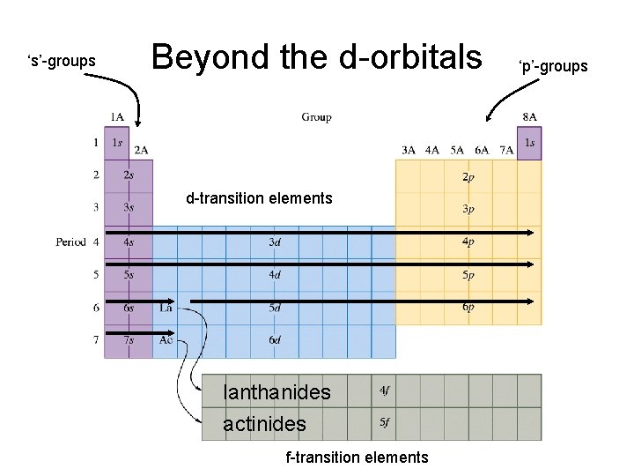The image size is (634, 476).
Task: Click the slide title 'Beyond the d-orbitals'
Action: coord(317,57)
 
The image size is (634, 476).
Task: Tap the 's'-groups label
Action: coord(62,61)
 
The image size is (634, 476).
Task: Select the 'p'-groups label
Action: coord(553,66)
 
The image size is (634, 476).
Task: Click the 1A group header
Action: coord(116,117)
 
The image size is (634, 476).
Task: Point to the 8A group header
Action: coord(529,117)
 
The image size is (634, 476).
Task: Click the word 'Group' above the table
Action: coord(316,117)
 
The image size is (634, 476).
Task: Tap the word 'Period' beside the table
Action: coord(70,242)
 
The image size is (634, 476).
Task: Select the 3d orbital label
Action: coord(275,242)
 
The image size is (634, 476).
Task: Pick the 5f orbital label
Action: coord(384,421)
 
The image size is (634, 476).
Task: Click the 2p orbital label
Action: coord(468,176)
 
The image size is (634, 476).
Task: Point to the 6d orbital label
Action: coord(275,340)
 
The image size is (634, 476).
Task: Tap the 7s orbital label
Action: coord(129,340)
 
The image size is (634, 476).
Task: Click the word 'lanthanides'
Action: coord(276,391)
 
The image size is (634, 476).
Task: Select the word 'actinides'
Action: coord(264,424)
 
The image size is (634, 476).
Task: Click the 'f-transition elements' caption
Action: coord(357,457)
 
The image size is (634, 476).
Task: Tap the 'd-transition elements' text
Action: coord(259,198)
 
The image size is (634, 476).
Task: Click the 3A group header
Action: coord(409,150)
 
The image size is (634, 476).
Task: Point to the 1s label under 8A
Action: coord(529,142)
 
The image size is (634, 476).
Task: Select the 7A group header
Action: coord(506,150)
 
